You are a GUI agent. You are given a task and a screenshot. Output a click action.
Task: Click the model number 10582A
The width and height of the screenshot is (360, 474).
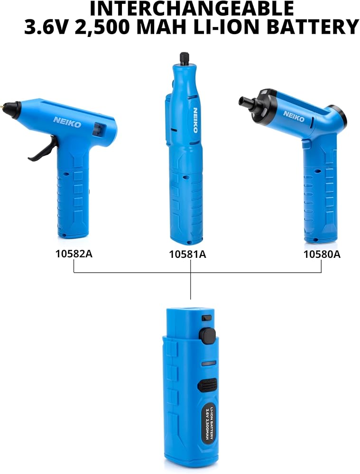pos(74,254)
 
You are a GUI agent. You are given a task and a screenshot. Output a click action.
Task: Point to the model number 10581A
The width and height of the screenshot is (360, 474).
pos(187,254)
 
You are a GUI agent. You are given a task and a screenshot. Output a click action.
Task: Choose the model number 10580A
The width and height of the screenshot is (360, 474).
pos(322,254)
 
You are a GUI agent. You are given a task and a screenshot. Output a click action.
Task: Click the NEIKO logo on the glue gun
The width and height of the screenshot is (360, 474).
pos(67,122)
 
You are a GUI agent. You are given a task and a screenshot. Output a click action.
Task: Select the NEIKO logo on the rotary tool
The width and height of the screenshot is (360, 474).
pos(195,120)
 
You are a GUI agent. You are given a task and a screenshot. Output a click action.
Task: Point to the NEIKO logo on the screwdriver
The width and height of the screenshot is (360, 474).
pos(294,117)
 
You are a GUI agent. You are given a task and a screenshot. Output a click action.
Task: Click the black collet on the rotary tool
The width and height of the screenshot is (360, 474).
pos(184,59)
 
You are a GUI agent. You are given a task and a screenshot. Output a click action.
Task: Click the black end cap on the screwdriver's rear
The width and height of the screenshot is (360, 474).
pos(338,115)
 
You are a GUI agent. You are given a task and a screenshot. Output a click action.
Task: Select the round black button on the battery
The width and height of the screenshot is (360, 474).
pos(207,336)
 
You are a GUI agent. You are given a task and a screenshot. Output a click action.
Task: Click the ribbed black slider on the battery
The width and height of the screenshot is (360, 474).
pos(207,385)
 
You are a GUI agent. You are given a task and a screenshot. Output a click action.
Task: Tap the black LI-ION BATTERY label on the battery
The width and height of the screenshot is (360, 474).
pos(209,423)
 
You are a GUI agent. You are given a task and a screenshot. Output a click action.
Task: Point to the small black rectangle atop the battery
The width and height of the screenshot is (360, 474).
pos(207,318)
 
